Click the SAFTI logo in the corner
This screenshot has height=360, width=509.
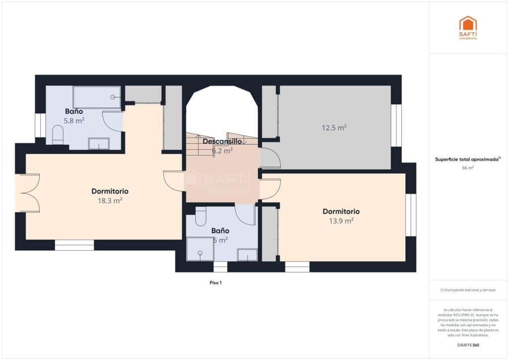[467, 27]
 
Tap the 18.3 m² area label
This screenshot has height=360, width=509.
[110, 201]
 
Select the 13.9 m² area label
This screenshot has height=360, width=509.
[341, 220]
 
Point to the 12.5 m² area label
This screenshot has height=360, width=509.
[334, 128]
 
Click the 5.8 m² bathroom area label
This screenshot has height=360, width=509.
[74, 120]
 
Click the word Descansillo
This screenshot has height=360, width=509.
[222, 141]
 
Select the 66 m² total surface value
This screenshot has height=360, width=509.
[468, 168]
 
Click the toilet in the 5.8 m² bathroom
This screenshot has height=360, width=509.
[58, 134]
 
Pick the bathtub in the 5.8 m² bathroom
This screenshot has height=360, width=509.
[97, 97]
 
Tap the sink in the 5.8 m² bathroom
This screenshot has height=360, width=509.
[98, 143]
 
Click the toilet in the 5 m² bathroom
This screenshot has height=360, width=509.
[201, 216]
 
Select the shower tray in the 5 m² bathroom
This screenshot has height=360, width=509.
[200, 249]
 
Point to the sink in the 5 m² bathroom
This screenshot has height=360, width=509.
[247, 255]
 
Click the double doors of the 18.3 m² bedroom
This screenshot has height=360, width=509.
[28, 193]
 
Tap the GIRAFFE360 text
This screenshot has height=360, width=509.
[468, 345]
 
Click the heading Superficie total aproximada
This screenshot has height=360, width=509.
[467, 160]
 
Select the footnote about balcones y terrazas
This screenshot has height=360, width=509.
[468, 290]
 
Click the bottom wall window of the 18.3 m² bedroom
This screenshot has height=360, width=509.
[74, 245]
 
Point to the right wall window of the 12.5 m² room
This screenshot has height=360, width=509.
[396, 125]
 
